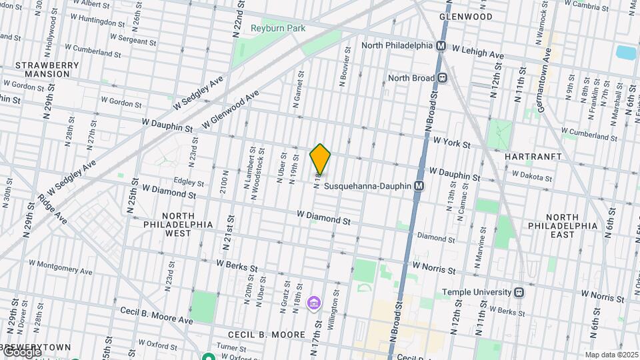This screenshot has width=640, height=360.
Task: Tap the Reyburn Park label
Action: coord(278,29)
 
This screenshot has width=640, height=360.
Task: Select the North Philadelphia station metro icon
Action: coord(441,45)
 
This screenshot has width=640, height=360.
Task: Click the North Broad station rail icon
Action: coord(442,78)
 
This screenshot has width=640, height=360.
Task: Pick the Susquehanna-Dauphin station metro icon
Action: coord(419,186)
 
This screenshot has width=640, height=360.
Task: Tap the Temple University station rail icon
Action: coord(518,292)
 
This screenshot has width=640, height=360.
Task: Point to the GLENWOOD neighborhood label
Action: coord(467,17)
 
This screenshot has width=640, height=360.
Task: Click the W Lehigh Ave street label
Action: coord(478,51)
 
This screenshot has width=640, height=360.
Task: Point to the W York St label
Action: coord(451,143)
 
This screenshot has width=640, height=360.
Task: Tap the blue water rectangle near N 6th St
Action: coord(626,53)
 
